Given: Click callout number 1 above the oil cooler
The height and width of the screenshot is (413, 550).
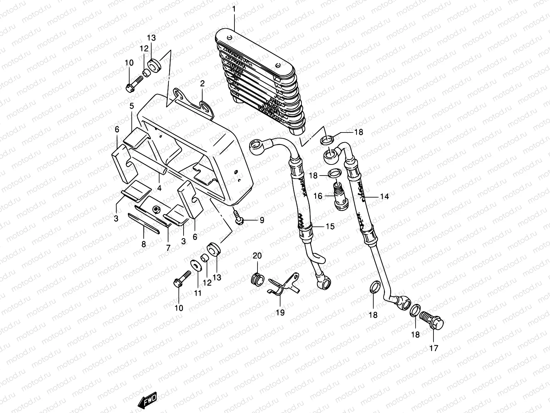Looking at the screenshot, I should [x=234, y=9].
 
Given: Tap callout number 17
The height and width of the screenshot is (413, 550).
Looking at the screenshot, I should [x=434, y=348].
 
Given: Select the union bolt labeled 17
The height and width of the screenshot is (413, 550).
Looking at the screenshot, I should [x=433, y=322].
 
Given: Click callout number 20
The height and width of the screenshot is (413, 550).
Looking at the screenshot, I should [x=257, y=256].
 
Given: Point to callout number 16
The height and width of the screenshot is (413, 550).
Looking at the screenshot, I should [x=318, y=196].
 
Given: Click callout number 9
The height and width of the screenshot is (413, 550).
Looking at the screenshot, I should [x=262, y=220].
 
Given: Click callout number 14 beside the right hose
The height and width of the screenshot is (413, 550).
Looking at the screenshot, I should [x=384, y=197].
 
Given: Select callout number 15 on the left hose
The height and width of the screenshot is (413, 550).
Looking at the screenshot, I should [x=330, y=226].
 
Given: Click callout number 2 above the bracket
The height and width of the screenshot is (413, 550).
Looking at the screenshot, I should [x=202, y=84].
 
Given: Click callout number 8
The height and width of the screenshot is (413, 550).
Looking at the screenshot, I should [x=144, y=244].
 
